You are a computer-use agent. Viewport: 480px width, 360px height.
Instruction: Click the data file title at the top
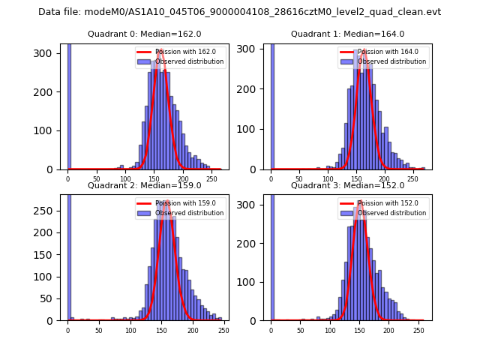click(x=239, y=12)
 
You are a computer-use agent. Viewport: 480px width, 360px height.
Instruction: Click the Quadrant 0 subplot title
click(x=144, y=34)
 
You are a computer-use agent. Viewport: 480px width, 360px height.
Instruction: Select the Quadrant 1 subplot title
click(x=347, y=34)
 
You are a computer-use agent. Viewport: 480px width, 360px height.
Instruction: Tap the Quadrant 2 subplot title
click(x=144, y=185)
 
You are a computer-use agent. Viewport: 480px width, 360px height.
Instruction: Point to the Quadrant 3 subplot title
click(x=347, y=185)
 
